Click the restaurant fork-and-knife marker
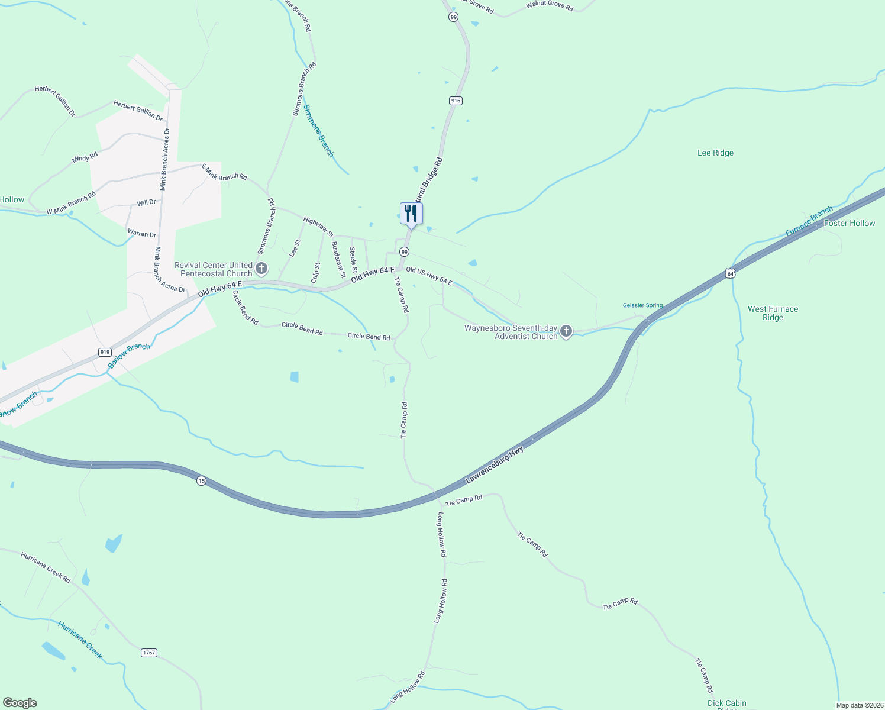(411, 214)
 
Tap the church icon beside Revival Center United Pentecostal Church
(261, 269)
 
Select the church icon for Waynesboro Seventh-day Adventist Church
(566, 331)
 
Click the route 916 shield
(455, 101)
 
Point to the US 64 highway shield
(731, 273)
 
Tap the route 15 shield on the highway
(202, 481)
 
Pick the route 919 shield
(105, 352)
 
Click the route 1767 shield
(149, 653)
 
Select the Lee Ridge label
(715, 153)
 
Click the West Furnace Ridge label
(773, 313)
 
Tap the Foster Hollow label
(849, 223)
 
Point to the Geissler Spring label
(642, 305)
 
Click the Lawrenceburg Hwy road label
(495, 466)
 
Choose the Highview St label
(318, 227)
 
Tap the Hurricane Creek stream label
(80, 640)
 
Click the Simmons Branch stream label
(318, 131)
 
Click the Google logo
(20, 703)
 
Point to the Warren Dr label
(142, 234)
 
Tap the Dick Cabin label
(726, 703)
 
